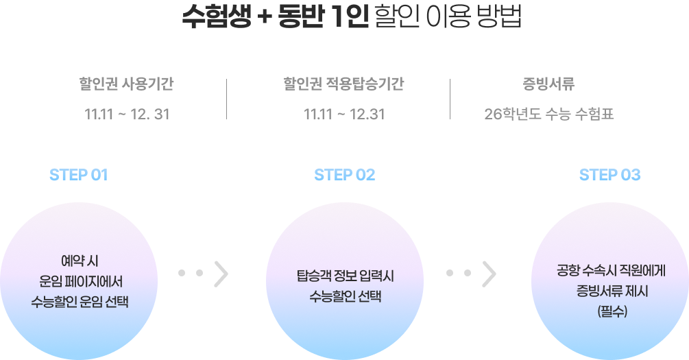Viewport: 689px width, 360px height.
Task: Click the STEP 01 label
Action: [x=79, y=175]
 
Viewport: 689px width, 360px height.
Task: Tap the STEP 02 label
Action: [x=345, y=175]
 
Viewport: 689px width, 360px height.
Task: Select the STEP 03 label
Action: [x=609, y=175]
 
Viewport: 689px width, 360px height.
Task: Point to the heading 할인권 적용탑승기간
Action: [x=343, y=85]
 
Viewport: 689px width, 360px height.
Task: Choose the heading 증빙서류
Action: [x=548, y=85]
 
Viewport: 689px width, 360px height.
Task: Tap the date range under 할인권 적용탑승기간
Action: [x=344, y=114]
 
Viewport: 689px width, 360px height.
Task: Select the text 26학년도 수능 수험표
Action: [x=548, y=114]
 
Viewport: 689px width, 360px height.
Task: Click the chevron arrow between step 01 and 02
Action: [x=221, y=273]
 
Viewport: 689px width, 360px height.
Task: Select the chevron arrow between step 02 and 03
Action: [x=489, y=273]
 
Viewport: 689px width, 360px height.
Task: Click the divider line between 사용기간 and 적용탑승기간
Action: [x=227, y=99]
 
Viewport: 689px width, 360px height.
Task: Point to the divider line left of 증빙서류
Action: [x=450, y=99]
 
